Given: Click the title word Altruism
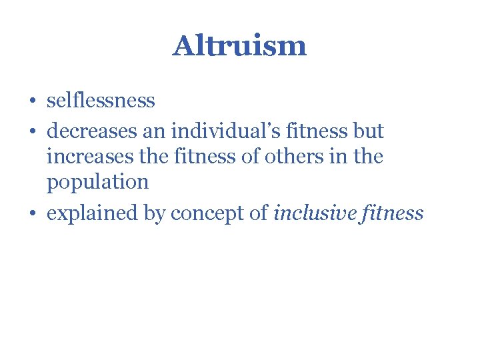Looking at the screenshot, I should coord(239,46).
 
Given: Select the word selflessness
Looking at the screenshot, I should coord(101,101).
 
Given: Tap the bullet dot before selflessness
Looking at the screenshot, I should coord(33,101).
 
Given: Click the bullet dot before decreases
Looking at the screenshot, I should coord(33,131).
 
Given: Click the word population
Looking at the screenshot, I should coord(97,182).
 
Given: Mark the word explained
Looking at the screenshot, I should coord(93,213).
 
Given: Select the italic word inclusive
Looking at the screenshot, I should coord(316,213).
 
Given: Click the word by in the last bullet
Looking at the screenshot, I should coord(157,213).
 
